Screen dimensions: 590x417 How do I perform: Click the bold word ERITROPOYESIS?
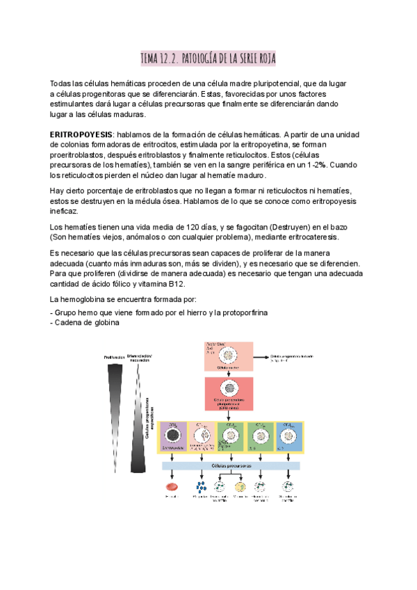(82, 134)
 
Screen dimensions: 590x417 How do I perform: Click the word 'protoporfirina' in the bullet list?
(243, 312)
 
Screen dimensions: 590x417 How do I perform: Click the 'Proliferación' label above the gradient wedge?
(114, 358)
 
